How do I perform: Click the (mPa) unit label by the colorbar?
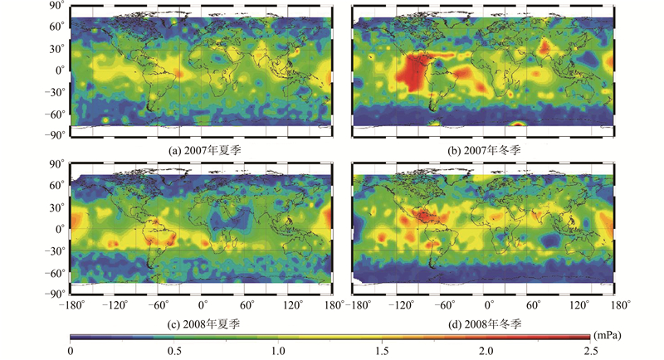click(603, 335)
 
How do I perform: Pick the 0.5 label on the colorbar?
click(173, 352)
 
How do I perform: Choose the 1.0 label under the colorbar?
click(278, 352)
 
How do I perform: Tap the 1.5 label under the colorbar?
click(382, 352)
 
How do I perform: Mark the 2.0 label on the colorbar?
click(486, 352)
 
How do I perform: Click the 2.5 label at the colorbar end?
click(589, 352)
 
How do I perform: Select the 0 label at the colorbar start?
click(71, 352)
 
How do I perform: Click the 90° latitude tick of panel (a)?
click(57, 5)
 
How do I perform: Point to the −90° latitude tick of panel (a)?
click(54, 134)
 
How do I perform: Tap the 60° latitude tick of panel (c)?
click(57, 186)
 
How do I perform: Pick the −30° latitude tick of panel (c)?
click(54, 251)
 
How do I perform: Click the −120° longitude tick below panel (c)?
click(114, 304)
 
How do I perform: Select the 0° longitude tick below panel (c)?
click(203, 304)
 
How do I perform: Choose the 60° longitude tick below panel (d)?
click(532, 304)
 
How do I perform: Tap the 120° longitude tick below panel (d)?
click(576, 304)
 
